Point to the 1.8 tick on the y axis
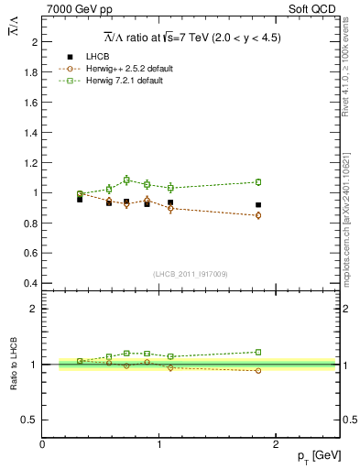pyautogui.click(x=32, y=71)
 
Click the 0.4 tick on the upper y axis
pyautogui.click(x=32, y=282)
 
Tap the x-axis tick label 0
pyautogui.click(x=43, y=443)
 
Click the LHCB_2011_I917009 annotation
pyautogui.click(x=191, y=273)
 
